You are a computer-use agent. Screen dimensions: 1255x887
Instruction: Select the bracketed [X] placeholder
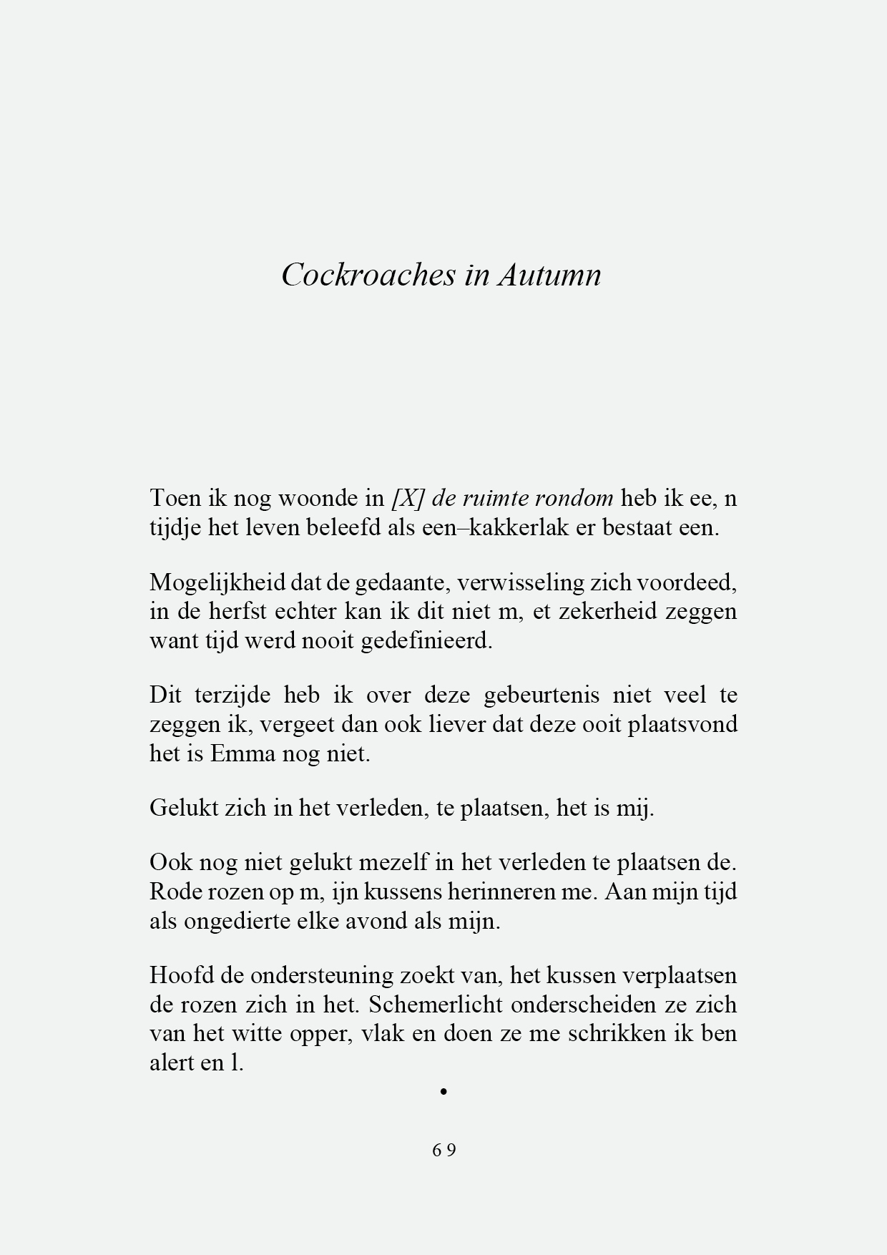click(406, 498)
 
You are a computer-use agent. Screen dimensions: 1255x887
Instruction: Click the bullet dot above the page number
click(444, 1092)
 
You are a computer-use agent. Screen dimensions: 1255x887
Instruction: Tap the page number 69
click(444, 1150)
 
